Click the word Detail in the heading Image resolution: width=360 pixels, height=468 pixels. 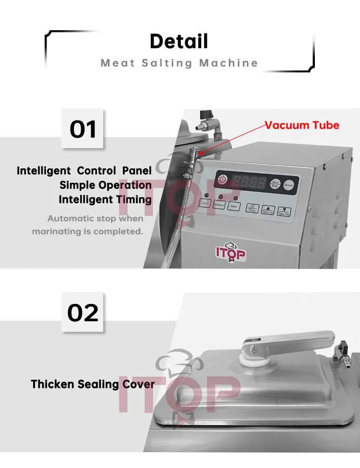[179, 41]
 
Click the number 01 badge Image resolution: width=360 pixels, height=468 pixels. [83, 129]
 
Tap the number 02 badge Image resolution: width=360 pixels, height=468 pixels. [83, 312]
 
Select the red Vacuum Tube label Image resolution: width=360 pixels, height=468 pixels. [302, 126]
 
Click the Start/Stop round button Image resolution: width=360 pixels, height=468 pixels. [275, 184]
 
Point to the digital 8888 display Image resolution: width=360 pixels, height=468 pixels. [249, 182]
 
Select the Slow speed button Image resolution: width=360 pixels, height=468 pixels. [234, 206]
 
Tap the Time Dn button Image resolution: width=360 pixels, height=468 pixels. [284, 211]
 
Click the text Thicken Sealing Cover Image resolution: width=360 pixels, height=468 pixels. [93, 384]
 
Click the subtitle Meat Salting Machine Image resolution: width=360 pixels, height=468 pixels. [179, 63]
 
